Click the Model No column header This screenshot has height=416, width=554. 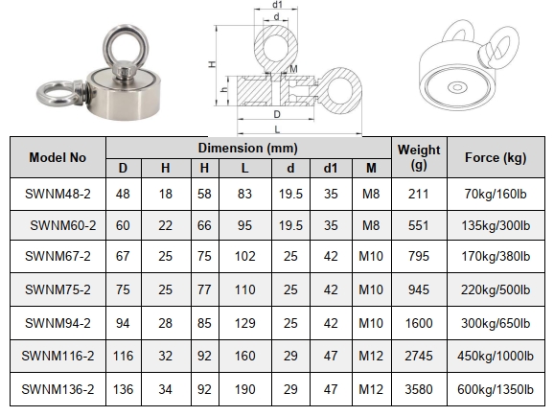pyautogui.click(x=58, y=157)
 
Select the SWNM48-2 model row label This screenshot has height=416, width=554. pyautogui.click(x=58, y=194)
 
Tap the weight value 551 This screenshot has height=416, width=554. pyautogui.click(x=419, y=225)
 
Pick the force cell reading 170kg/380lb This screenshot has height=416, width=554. pyautogui.click(x=496, y=256)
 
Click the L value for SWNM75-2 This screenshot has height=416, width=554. pyautogui.click(x=244, y=289)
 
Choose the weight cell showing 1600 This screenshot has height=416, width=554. pyautogui.click(x=419, y=323)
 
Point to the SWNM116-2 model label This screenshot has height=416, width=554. pyautogui.click(x=58, y=356)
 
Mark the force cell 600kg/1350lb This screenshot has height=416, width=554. pyautogui.click(x=496, y=389)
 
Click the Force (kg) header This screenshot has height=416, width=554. pyautogui.click(x=496, y=157)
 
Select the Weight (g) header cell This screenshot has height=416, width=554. pyautogui.click(x=419, y=157)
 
